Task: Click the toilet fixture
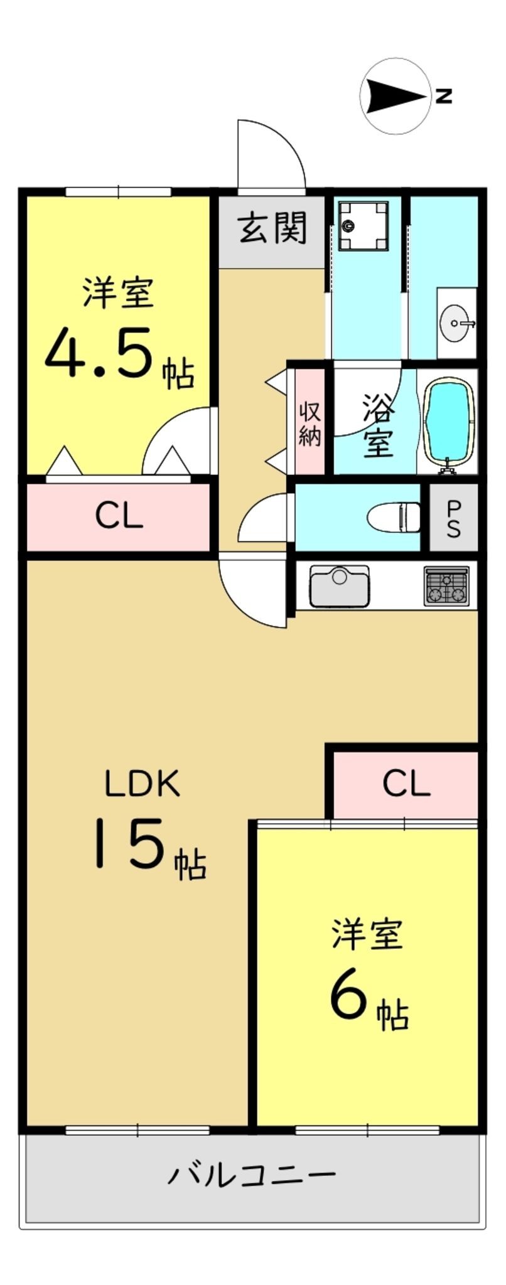coord(395,516)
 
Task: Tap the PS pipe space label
coord(453,518)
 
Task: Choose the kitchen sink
coord(339,585)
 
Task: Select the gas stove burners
coord(446,586)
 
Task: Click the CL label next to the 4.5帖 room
coord(119,516)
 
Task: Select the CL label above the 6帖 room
coord(406,783)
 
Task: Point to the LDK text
coord(143,783)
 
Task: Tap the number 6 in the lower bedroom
coord(349,998)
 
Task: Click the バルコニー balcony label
coord(251,1173)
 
